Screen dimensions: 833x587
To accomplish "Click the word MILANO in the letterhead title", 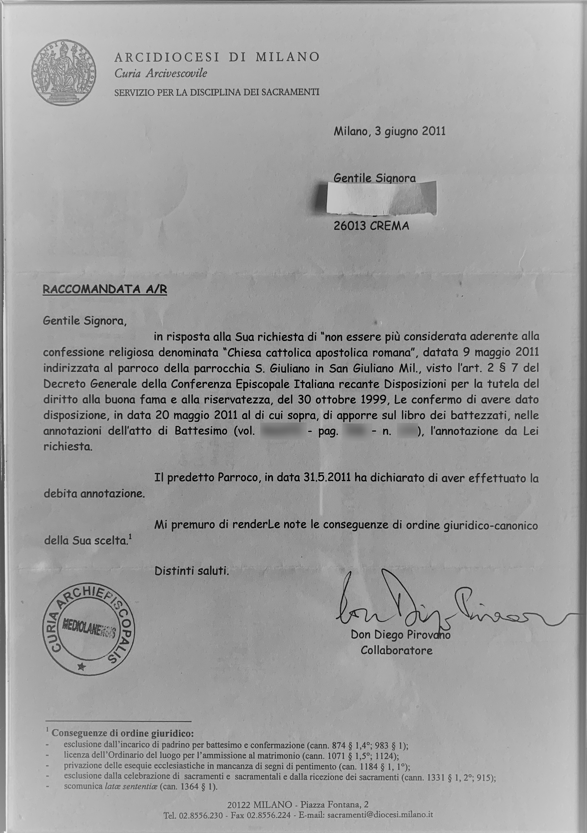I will point(287,57).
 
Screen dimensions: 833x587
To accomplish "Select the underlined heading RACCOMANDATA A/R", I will point(105,289).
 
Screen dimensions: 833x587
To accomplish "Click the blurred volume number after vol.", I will point(282,431).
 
